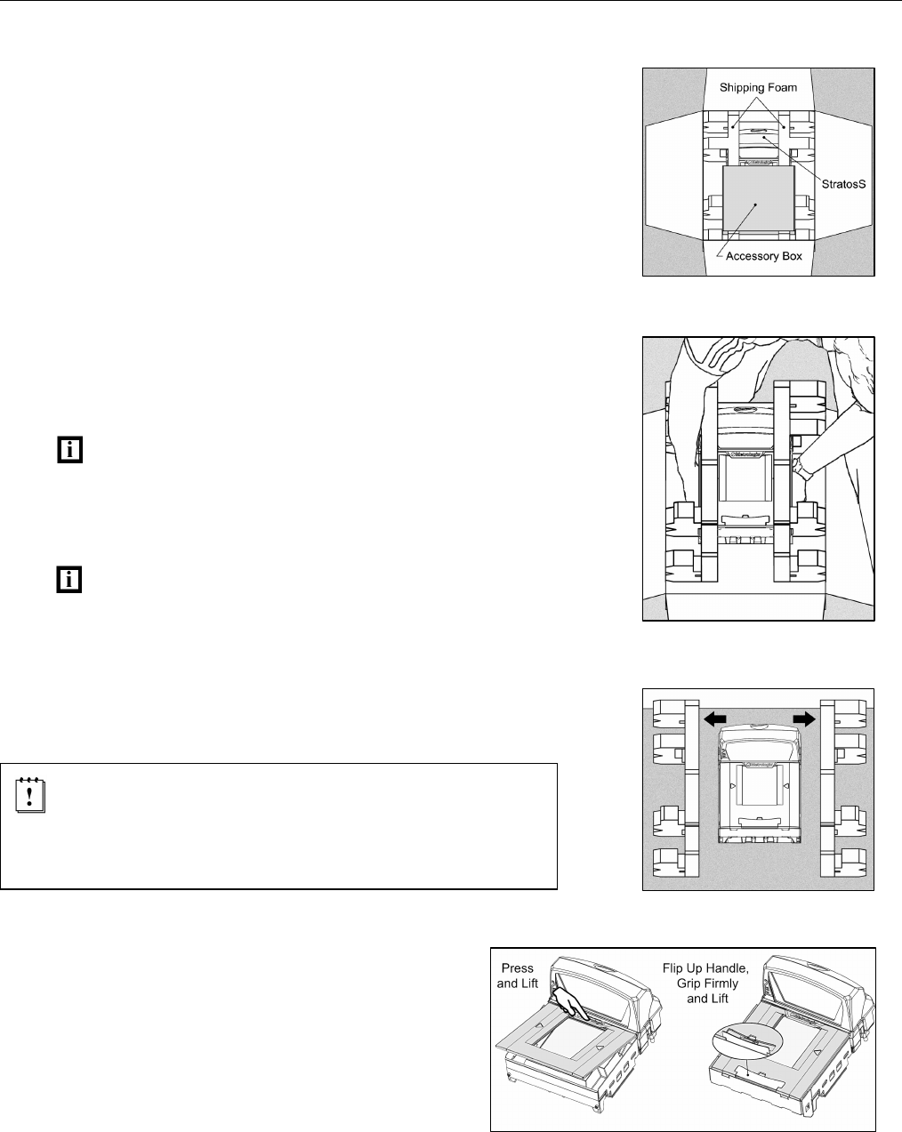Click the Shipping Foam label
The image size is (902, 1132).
pyautogui.click(x=759, y=87)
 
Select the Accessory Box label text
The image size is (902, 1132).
pyautogui.click(x=764, y=256)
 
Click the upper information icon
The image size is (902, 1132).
pyautogui.click(x=68, y=450)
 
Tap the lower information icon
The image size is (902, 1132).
pyautogui.click(x=68, y=580)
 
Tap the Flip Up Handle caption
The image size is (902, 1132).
pyautogui.click(x=706, y=983)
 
